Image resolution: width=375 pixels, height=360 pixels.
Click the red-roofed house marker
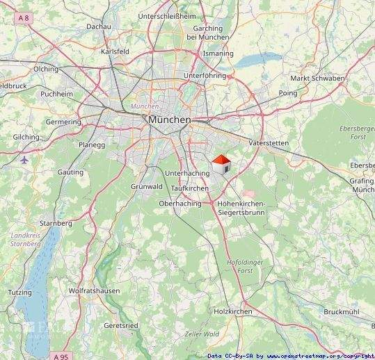pyautogui.click(x=221, y=165)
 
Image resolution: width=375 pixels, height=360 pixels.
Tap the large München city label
pyautogui.click(x=169, y=120)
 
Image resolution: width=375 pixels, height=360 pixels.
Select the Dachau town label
pyautogui.click(x=99, y=26)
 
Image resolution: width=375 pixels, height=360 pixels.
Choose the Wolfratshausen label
pyautogui.click(x=94, y=291)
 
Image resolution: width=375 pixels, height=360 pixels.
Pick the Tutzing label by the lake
pyautogui.click(x=20, y=293)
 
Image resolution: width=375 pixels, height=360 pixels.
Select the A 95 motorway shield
pyautogui.click(x=62, y=356)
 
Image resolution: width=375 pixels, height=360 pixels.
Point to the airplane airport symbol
pyautogui.click(x=26, y=160)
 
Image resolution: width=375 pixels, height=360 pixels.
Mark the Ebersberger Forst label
pyautogui.click(x=357, y=133)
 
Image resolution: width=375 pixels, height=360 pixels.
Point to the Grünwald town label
pyautogui.click(x=147, y=186)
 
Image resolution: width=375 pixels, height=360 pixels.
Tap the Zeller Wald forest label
pyautogui.click(x=201, y=335)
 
